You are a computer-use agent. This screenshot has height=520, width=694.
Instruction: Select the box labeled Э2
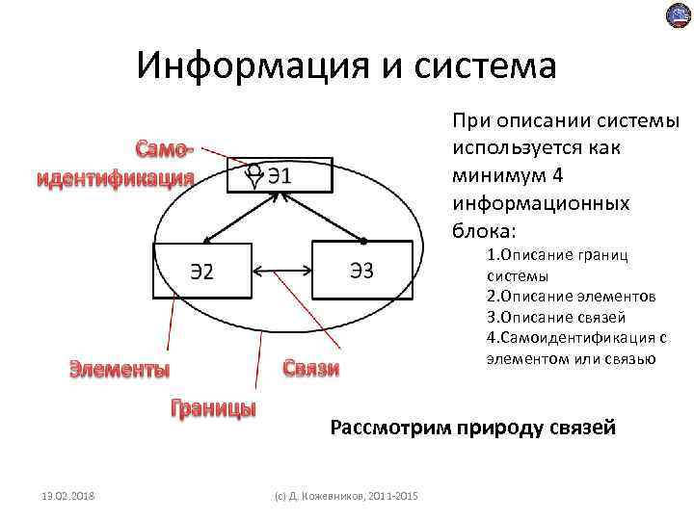(x=202, y=271)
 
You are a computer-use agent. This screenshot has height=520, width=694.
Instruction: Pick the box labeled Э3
(x=362, y=271)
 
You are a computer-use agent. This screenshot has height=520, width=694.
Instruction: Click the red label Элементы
(x=120, y=369)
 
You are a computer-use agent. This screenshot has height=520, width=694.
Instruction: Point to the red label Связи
(x=311, y=369)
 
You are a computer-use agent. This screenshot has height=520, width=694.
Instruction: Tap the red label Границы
(x=213, y=407)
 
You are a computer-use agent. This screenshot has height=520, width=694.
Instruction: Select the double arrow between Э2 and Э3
(x=280, y=271)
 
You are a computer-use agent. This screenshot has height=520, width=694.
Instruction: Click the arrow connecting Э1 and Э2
(x=241, y=217)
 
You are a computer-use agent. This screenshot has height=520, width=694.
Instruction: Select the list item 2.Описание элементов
(x=571, y=297)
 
